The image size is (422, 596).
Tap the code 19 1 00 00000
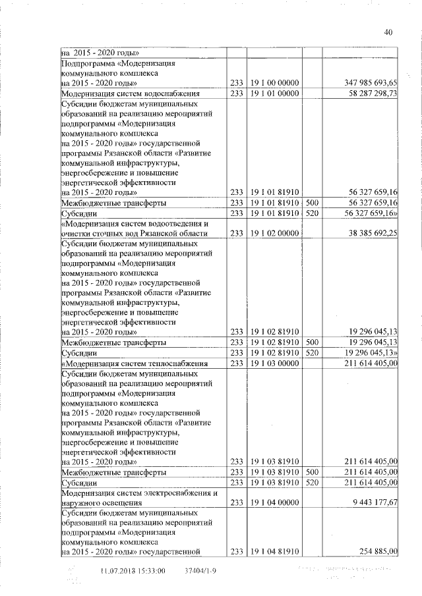[275, 83]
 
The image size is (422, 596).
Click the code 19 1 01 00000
[275, 94]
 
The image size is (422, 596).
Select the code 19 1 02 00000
[275, 233]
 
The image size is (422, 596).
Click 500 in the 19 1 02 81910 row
[313, 342]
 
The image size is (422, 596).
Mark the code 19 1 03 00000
[275, 363]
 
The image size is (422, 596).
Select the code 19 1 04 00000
[275, 502]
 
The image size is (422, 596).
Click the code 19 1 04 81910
[275, 551]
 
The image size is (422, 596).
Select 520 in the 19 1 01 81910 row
[313, 213]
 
